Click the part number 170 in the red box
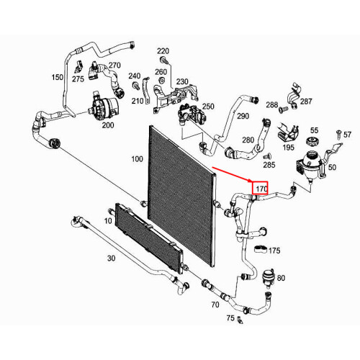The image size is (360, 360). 261,189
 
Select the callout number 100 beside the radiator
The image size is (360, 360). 137,159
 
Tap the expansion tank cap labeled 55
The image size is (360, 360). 312,141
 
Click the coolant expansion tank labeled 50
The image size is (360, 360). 310,166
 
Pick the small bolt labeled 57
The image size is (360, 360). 338,134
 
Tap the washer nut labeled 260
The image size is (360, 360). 161,80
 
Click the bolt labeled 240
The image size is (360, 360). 136,86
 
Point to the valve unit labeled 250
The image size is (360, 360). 192,114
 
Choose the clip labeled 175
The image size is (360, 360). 261,249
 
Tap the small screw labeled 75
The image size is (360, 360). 240,320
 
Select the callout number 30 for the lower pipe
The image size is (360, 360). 112,258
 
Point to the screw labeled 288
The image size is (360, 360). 284,110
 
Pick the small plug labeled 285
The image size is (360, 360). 268,156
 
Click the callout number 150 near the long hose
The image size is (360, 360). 58,77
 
